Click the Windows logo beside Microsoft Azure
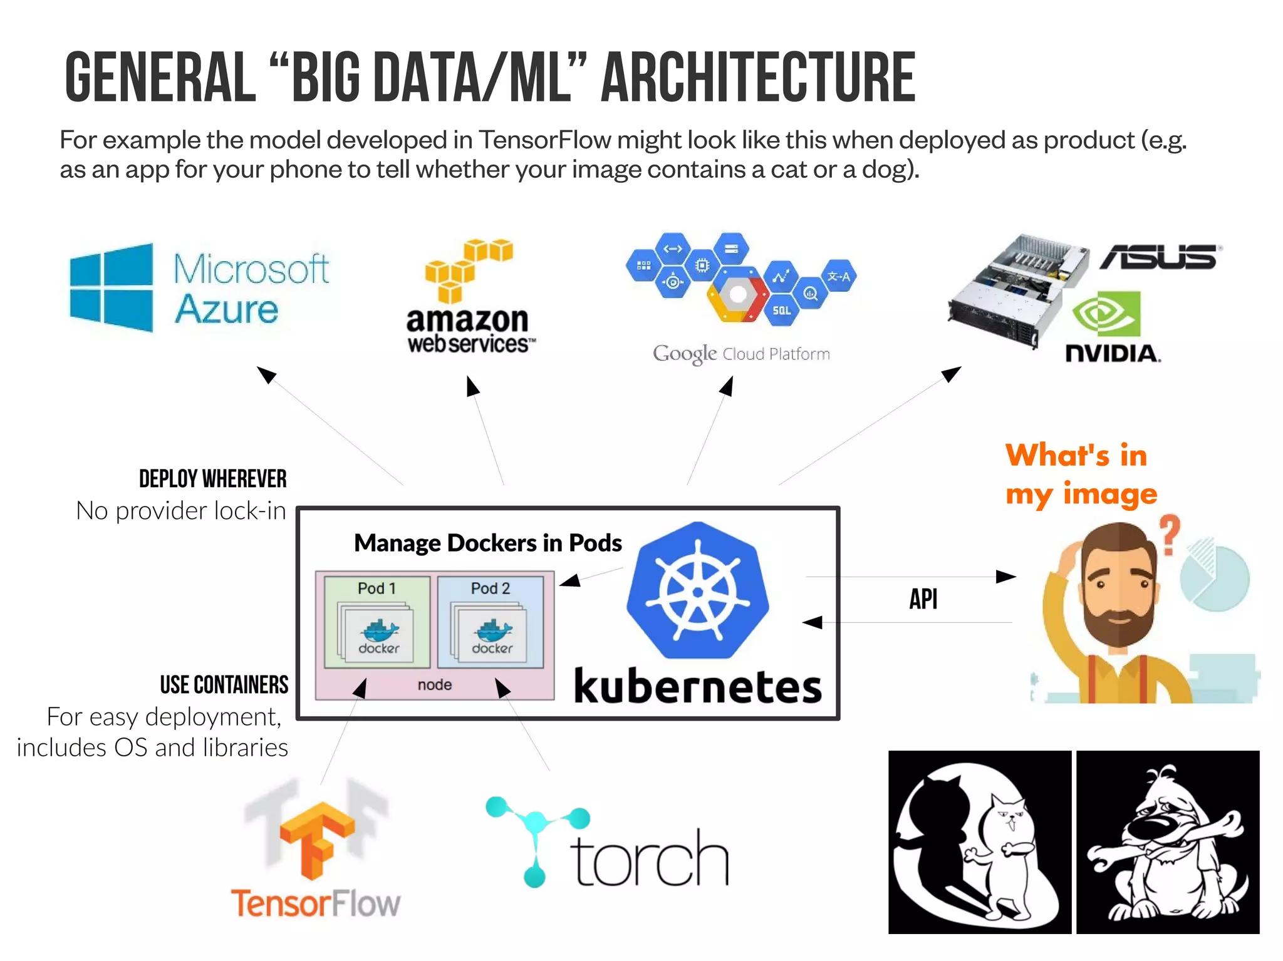pyautogui.click(x=112, y=287)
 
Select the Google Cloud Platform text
pyautogui.click(x=741, y=354)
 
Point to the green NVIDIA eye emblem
pyautogui.click(x=1106, y=314)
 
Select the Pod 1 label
pyautogui.click(x=377, y=588)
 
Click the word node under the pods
pyautogui.click(x=435, y=685)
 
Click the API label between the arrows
pyautogui.click(x=923, y=599)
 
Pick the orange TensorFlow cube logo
pyautogui.click(x=317, y=840)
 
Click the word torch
pyautogui.click(x=650, y=859)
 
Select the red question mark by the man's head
pyautogui.click(x=1169, y=534)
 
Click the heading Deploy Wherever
pyautogui.click(x=212, y=479)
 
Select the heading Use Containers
pyautogui.click(x=224, y=684)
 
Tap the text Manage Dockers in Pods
pyautogui.click(x=487, y=543)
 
